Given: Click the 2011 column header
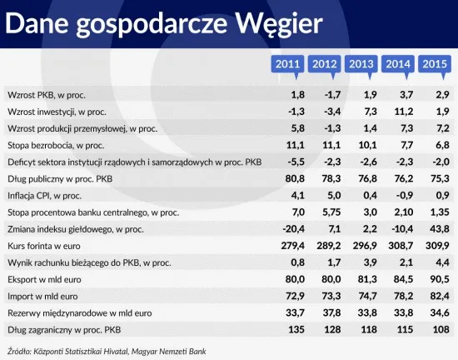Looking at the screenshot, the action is point(287,64).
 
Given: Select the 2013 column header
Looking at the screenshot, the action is point(361,64).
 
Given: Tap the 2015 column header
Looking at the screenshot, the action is point(435,64).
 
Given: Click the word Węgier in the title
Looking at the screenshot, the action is point(279,24).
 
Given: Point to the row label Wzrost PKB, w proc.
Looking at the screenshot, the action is point(47,95).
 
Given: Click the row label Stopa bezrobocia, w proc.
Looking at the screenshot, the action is point(56,145).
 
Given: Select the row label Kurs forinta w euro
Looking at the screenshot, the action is point(44,246).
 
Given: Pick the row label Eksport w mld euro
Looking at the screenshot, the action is point(44,280).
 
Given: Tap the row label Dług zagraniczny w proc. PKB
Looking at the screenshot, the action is point(64,330).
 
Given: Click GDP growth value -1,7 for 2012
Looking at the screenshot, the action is point(332,95).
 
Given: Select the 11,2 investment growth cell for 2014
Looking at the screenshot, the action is point(404,112).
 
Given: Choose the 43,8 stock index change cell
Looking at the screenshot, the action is point(440,229).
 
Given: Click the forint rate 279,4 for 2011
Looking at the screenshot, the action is point(292,246).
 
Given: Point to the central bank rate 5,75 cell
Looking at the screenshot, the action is point(331,212).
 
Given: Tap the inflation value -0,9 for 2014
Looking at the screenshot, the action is point(405,195).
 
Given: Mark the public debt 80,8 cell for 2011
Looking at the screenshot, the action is point(295,178).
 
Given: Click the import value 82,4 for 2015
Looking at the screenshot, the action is point(440,296).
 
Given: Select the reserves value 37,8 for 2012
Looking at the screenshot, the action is point(331,313).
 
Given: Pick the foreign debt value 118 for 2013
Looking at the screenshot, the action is point(369,330).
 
